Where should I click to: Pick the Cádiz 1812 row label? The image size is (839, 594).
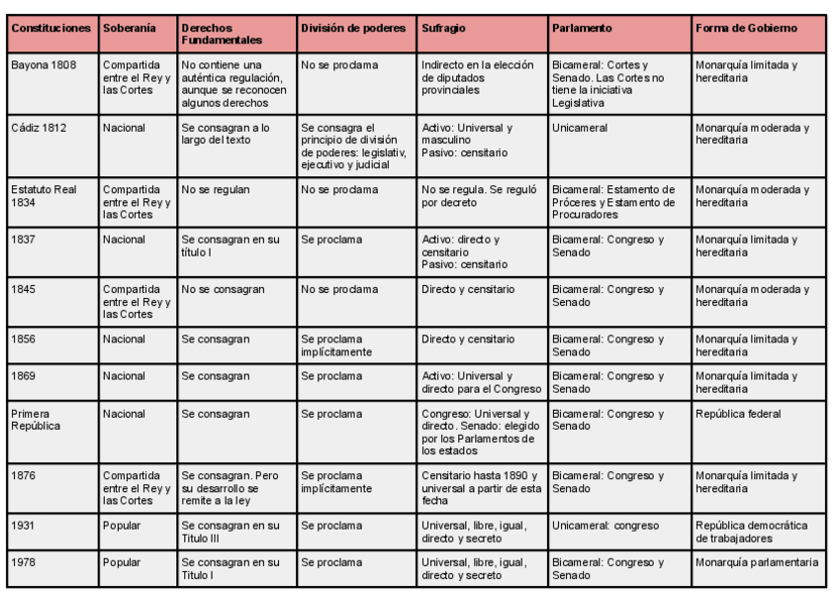39,128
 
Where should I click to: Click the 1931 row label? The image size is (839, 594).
22,525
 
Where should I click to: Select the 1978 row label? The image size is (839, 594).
22,563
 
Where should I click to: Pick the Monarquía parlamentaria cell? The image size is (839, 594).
756,563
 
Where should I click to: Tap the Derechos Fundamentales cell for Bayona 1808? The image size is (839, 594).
233,77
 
